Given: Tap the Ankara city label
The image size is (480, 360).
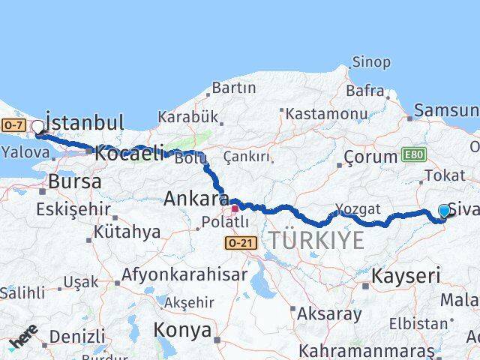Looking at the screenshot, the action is click(x=196, y=200).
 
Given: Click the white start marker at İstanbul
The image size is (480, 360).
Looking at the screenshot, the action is click(x=37, y=127).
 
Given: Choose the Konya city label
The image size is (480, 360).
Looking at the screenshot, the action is click(x=182, y=329).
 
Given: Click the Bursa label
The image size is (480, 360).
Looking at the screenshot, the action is click(x=74, y=181).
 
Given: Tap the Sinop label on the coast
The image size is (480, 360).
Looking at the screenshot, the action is click(x=370, y=63).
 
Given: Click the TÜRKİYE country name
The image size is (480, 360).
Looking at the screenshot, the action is click(x=316, y=240).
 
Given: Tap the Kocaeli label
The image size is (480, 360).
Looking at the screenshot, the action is click(x=129, y=153).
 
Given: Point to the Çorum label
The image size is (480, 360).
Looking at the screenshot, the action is click(x=370, y=157).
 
